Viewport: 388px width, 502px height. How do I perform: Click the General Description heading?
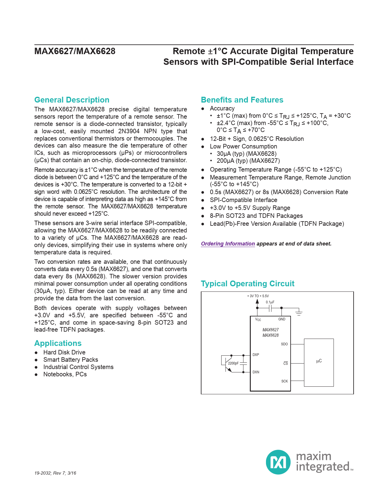coord(72,100)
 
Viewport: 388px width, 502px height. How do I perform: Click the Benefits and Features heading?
coord(242,100)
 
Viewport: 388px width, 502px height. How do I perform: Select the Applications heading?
coord(58,343)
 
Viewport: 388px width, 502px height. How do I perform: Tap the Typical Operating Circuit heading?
coord(247,284)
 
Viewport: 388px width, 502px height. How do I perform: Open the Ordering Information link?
coord(228,244)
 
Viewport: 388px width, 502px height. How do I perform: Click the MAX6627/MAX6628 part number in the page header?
coord(75,51)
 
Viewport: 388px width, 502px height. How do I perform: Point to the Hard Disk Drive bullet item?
coord(64,352)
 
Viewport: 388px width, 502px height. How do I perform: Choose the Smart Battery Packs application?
coord(71,360)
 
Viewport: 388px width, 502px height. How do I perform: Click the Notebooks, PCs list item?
coord(65,374)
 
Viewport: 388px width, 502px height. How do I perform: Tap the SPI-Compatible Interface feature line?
coord(243,200)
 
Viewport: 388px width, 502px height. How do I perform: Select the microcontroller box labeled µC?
coord(319,362)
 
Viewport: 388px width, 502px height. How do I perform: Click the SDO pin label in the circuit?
coord(284,344)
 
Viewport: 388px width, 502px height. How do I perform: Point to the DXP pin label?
coord(256,355)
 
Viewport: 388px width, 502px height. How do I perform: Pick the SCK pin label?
coord(284,381)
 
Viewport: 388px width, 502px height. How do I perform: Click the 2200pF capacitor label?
coord(233,363)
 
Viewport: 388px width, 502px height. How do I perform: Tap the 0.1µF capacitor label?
coord(270,302)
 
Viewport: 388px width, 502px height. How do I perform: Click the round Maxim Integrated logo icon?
coord(278,462)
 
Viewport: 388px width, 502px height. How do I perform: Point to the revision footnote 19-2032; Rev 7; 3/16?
coord(55,473)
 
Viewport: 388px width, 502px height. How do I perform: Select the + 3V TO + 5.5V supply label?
coord(258,296)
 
